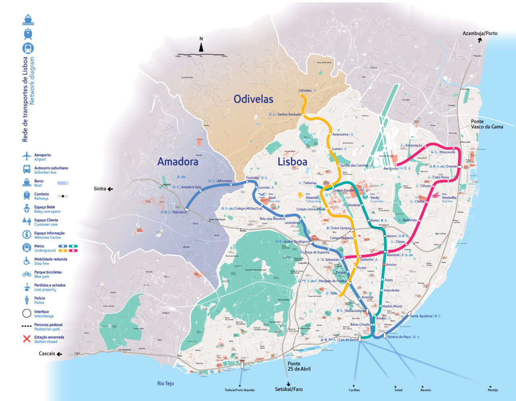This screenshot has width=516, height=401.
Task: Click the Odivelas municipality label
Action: pyautogui.click(x=253, y=99)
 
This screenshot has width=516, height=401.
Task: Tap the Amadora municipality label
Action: pyautogui.click(x=178, y=162)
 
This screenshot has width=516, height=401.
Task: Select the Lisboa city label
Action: pyautogui.click(x=292, y=162)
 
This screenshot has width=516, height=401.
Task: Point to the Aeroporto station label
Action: pyautogui.click(x=390, y=168)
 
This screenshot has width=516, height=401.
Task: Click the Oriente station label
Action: pyautogui.click(x=451, y=166)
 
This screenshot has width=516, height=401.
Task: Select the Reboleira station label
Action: pyautogui.click(x=179, y=212)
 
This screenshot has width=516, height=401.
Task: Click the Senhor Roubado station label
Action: pyautogui.click(x=289, y=114)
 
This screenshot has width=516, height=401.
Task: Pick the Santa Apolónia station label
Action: pyautogui.click(x=421, y=316)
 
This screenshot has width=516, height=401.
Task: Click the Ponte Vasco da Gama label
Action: pyautogui.click(x=487, y=124)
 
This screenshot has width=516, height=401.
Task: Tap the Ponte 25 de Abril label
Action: pyautogui.click(x=299, y=366)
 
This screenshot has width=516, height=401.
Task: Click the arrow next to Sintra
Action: pyautogui.click(x=110, y=189)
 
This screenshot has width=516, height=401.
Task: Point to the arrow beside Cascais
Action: pyautogui.click(x=59, y=354)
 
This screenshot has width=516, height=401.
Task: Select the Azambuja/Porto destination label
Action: pyautogui.click(x=480, y=33)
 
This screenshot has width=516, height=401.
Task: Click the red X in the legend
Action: pyautogui.click(x=27, y=339)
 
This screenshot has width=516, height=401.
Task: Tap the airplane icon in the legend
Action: pyautogui.click(x=27, y=156)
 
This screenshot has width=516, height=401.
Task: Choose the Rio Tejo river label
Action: pyautogui.click(x=165, y=383)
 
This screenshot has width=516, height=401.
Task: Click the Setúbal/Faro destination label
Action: pyautogui.click(x=289, y=389)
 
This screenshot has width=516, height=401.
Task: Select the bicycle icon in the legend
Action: pyautogui.click(x=27, y=274)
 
